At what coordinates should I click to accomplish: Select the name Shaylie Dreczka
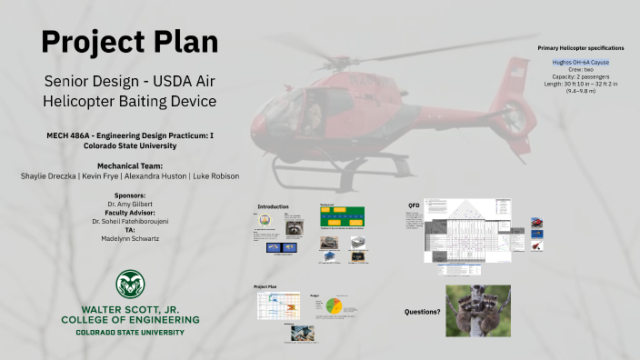pyautogui.click(x=50, y=175)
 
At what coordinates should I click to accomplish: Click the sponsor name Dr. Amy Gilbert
pyautogui.click(x=130, y=205)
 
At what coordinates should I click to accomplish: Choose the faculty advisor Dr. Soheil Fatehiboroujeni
pyautogui.click(x=130, y=221)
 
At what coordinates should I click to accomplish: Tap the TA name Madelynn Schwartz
pyautogui.click(x=130, y=238)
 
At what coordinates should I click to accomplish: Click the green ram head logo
pyautogui.click(x=130, y=284)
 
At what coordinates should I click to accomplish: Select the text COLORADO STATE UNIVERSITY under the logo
pyautogui.click(x=130, y=333)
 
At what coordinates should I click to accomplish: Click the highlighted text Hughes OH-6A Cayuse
pyautogui.click(x=580, y=62)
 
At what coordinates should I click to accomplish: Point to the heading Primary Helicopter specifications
pyautogui.click(x=580, y=45)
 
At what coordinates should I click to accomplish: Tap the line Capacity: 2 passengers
pyautogui.click(x=580, y=76)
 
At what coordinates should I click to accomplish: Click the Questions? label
pyautogui.click(x=422, y=312)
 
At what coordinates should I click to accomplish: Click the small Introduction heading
pyautogui.click(x=273, y=206)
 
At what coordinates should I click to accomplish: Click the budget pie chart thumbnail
pyautogui.click(x=333, y=307)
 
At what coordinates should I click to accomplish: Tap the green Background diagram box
pyautogui.click(x=342, y=217)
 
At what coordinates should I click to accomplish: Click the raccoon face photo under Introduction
pyautogui.click(x=295, y=227)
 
